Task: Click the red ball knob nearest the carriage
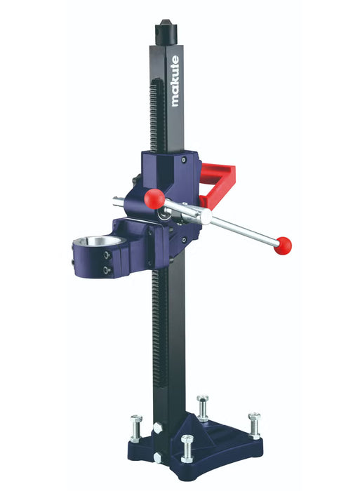(x=154, y=199)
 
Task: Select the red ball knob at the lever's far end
(x=283, y=245)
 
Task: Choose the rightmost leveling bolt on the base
(x=254, y=424)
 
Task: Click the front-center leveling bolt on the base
(x=187, y=447)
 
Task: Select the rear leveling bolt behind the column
(x=202, y=405)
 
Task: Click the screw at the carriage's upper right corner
(x=183, y=161)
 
